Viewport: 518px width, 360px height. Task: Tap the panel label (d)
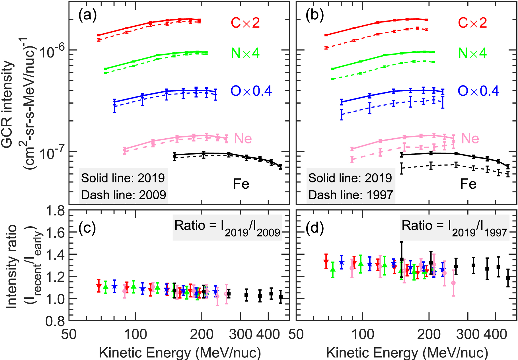click(315, 228)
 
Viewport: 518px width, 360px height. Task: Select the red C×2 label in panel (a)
click(245, 23)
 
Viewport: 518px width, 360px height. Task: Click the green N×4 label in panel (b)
click(472, 53)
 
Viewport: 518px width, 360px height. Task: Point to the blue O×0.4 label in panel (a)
click(251, 91)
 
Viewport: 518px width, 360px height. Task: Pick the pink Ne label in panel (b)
click(470, 139)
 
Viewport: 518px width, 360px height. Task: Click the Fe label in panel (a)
click(241, 184)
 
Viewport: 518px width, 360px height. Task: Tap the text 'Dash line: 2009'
click(124, 195)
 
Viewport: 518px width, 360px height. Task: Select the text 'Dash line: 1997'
click(351, 195)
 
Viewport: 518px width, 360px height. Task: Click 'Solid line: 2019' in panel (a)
click(123, 178)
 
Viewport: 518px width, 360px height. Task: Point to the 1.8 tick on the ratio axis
click(55, 211)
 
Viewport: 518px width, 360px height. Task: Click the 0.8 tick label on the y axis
click(55, 322)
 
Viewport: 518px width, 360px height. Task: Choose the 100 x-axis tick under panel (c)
click(135, 334)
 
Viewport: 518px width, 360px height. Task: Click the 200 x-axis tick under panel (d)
click(429, 334)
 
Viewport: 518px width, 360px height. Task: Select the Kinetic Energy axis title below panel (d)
click(407, 353)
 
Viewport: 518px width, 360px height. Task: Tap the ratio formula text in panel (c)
click(227, 228)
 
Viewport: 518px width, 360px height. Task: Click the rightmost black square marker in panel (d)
click(508, 278)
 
